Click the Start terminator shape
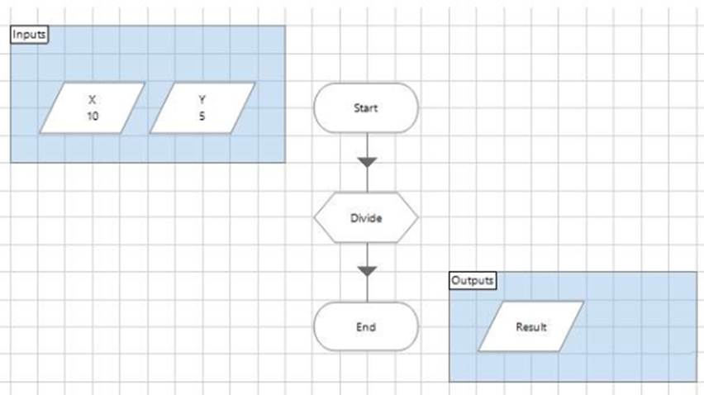(366, 107)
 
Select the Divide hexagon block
(366, 218)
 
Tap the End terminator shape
(366, 326)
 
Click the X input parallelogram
(93, 107)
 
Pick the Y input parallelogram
(202, 107)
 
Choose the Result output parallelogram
(531, 326)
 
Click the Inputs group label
(29, 34)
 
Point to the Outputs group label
(473, 280)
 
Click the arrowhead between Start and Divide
(367, 162)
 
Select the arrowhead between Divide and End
(367, 271)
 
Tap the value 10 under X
(93, 117)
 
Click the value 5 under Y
(202, 117)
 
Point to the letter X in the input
(93, 99)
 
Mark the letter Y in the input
(202, 99)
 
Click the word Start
(366, 107)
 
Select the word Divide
(366, 218)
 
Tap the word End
(366, 326)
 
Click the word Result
(531, 326)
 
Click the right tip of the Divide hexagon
(416, 218)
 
